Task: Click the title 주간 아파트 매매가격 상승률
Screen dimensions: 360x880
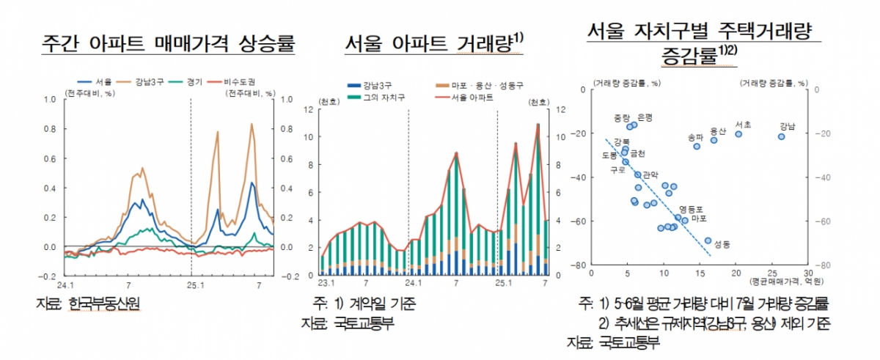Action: (169, 43)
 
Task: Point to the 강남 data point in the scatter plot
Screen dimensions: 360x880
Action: (781, 136)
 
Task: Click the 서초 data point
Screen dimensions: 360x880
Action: (738, 133)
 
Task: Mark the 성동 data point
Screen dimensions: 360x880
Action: (708, 240)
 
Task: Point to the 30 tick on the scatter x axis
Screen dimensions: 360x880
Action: (807, 272)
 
